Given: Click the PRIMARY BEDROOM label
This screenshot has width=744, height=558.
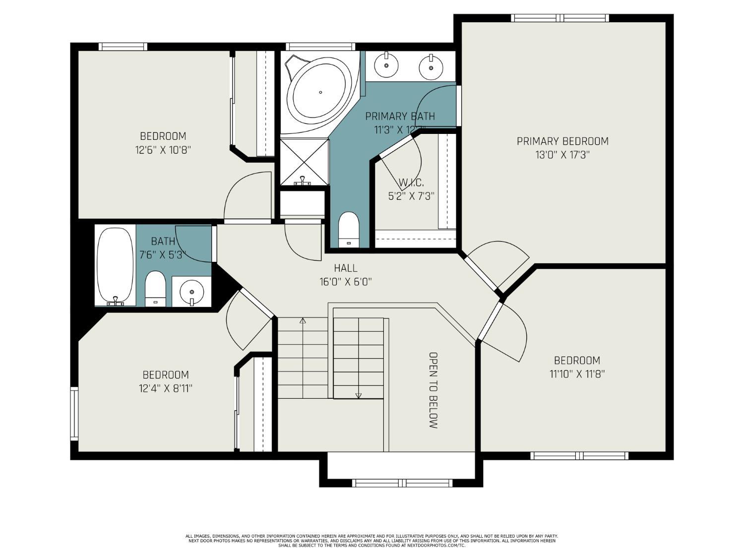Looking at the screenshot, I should point(562,141).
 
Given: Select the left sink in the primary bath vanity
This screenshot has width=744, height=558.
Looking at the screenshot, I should point(385,64).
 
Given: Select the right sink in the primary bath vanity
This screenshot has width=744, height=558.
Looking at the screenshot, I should point(430,66).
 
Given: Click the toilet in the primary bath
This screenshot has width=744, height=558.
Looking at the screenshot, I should point(348,229).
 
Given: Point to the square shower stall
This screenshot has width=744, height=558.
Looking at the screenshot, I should point(304,162).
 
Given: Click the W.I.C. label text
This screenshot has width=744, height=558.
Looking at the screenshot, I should point(411,183).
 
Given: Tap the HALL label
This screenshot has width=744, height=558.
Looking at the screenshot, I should point(345,268).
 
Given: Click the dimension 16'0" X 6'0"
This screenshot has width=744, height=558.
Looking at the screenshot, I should point(345,282).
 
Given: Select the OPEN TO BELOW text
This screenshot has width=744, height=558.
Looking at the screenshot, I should point(433,390).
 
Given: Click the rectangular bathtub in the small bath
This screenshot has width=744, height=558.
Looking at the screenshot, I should point(115,266).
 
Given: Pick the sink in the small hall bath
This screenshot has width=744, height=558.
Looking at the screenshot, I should point(191,291).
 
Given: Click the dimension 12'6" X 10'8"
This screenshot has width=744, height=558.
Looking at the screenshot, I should point(163,150).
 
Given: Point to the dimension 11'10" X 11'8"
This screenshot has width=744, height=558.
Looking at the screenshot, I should point(577,374).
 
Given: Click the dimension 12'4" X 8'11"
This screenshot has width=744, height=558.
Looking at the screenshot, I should point(165,388).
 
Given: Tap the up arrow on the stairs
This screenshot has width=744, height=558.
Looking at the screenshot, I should point(303,321).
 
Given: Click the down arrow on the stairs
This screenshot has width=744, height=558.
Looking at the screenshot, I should point(359,395).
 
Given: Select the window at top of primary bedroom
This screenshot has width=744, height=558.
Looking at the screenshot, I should point(560,18).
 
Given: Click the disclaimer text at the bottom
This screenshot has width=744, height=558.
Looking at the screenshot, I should point(372,541).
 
